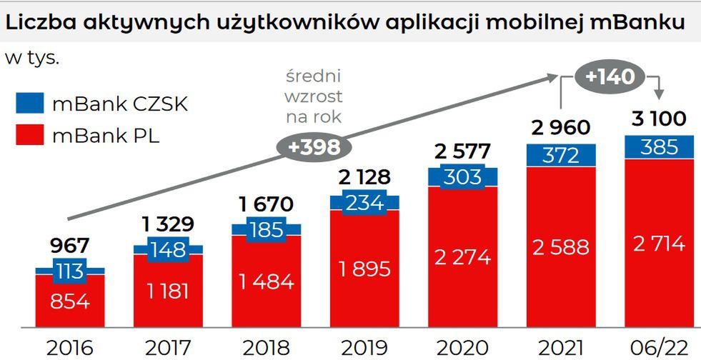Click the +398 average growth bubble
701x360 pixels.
point(314,146)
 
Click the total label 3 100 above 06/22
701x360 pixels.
point(658,118)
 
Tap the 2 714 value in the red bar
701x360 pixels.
point(658,244)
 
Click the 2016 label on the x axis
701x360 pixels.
point(69,348)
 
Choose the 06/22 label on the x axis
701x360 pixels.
point(658,348)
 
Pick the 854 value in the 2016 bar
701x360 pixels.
point(69,301)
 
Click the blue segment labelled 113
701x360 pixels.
point(69,271)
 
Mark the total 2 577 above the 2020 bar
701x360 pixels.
point(462,151)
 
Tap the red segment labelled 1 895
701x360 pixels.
point(364,269)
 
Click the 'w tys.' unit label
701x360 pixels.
point(32,58)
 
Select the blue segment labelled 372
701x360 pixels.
point(560,154)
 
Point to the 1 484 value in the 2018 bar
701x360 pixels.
point(266,281)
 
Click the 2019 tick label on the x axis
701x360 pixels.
point(364,348)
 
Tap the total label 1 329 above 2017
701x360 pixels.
point(168,224)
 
